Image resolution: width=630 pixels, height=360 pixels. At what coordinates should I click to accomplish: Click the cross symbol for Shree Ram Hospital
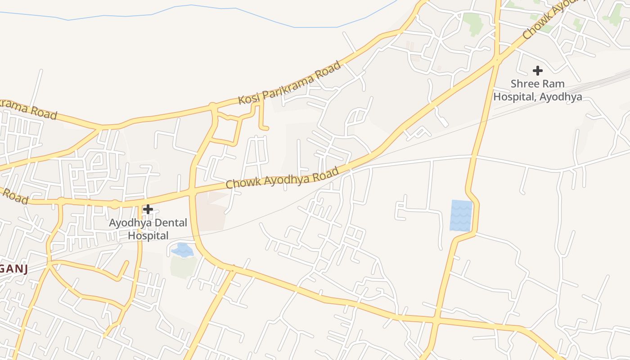[x=537, y=71]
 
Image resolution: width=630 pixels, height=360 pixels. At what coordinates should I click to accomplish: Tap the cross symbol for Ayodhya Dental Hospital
[x=148, y=209]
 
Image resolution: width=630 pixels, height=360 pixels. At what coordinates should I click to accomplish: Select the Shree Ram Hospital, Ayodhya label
[x=537, y=90]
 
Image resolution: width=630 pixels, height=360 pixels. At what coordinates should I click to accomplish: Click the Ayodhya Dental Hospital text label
[x=148, y=229]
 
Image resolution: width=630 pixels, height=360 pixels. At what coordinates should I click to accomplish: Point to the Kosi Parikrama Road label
[x=290, y=83]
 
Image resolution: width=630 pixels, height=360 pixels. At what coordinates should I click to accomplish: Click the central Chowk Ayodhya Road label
[x=282, y=178]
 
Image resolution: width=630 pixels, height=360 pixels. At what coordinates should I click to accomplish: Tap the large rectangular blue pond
[x=461, y=216]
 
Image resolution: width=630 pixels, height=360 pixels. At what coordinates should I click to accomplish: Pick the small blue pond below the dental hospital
[x=183, y=250]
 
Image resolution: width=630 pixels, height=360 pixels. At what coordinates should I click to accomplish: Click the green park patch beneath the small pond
[x=184, y=266]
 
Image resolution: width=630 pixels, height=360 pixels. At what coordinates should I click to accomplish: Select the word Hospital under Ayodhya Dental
[x=148, y=235]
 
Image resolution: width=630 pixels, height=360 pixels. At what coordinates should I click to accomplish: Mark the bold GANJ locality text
[x=13, y=269]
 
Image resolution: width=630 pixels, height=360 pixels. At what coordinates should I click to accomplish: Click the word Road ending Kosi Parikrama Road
[x=331, y=70]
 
